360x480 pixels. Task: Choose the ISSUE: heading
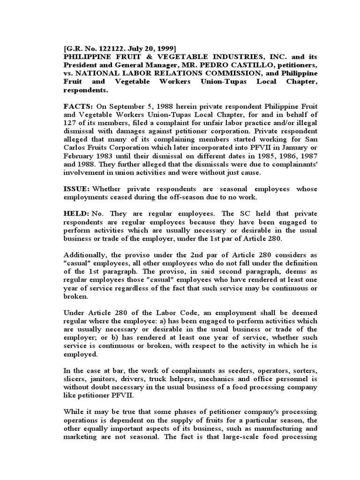[x=76, y=189]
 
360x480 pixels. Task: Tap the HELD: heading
[x=76, y=213]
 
